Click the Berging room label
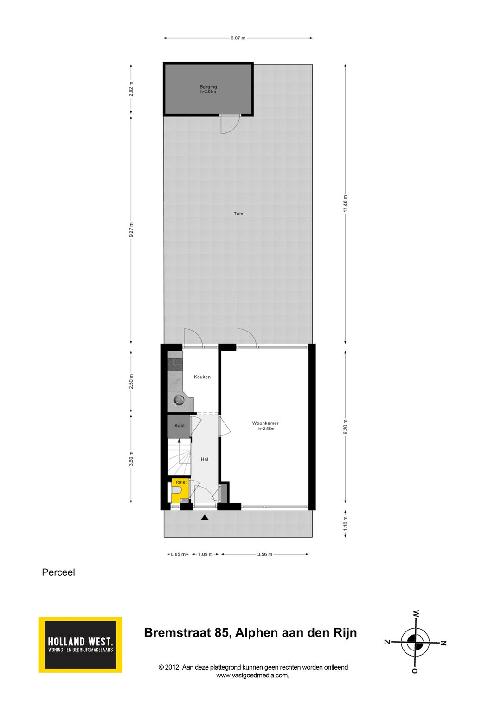208,87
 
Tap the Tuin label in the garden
238,214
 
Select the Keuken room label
202,377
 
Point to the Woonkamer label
265,423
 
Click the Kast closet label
179,426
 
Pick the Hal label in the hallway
204,459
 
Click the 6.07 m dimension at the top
238,38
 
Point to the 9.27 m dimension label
131,230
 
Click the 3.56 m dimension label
264,554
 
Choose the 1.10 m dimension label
345,524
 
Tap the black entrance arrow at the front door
205,517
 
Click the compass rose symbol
415,642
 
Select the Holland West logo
80,644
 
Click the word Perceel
58,572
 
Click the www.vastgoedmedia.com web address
252,676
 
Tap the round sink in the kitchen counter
179,400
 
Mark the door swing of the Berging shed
229,124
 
